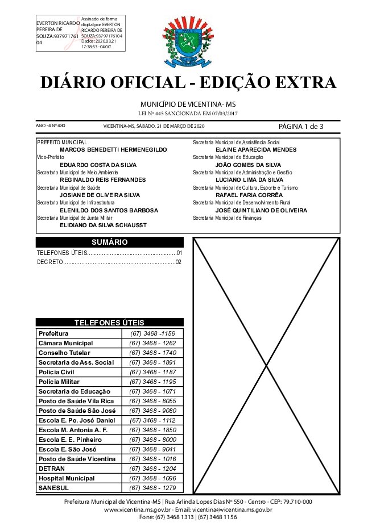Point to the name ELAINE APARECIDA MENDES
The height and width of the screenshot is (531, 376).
(x=257, y=149)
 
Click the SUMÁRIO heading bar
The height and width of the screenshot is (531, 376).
(x=109, y=242)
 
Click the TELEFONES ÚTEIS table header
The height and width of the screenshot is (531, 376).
(x=109, y=322)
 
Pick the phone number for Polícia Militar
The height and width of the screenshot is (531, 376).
(x=152, y=382)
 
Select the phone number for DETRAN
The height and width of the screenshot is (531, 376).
(x=152, y=469)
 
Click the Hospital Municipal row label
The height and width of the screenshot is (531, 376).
(x=67, y=478)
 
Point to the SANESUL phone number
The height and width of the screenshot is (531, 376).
(x=152, y=488)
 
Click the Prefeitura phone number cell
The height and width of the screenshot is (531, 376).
(x=152, y=333)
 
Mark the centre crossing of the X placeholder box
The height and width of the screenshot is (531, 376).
(x=267, y=366)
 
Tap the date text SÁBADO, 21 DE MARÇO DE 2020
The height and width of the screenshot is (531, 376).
(x=170, y=126)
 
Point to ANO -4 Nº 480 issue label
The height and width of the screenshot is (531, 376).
(x=51, y=126)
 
